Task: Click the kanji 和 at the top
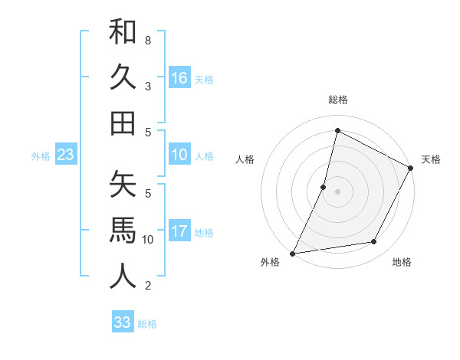[x=123, y=33]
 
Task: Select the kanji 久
[x=123, y=77]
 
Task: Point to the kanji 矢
[x=123, y=185]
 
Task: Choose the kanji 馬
[x=123, y=231]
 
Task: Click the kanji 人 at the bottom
[x=123, y=277]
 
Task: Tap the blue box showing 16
[x=179, y=78]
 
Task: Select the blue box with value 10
[x=179, y=155]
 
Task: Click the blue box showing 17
[x=179, y=231]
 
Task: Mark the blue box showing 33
[x=123, y=322]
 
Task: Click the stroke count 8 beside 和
[x=147, y=40]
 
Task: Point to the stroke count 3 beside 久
[x=147, y=86]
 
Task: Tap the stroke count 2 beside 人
[x=147, y=286]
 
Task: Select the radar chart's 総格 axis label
[x=337, y=100]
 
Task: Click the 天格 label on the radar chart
[x=431, y=159]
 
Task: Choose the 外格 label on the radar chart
[x=270, y=262]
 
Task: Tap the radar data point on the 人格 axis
[x=324, y=187]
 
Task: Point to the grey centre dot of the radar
[x=337, y=191]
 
